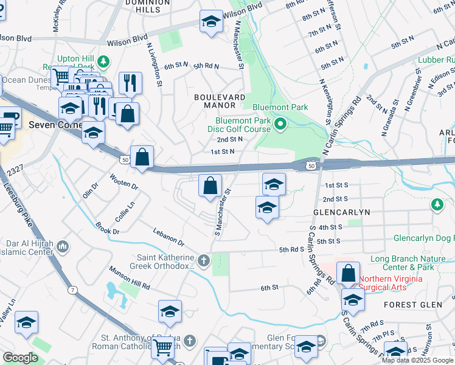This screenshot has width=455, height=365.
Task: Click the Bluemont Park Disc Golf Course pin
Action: point(280,126)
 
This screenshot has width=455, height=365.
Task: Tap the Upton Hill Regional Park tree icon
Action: point(103,61)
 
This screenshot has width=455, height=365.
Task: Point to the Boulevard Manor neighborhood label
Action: point(220,97)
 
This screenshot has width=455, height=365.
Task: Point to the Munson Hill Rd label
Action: point(129,277)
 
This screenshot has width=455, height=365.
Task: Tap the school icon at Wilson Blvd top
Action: point(211,23)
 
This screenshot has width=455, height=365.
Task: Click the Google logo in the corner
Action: point(20,358)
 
